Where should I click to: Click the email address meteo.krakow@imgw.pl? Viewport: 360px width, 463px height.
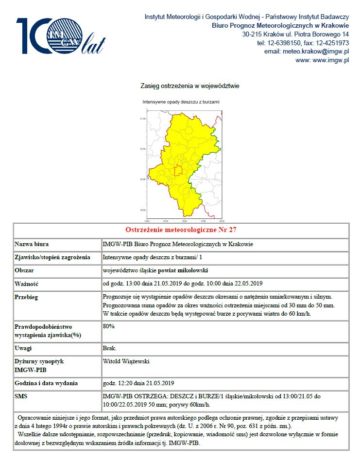coord(307,52)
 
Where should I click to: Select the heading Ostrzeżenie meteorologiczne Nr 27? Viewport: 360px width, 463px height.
coord(181,230)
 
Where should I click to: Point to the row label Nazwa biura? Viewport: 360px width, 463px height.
coord(32,244)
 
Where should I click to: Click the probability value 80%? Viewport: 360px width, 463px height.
coord(109,326)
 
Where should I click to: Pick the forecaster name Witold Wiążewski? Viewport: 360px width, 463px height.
coord(126,362)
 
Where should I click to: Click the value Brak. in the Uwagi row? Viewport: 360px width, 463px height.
coord(110,349)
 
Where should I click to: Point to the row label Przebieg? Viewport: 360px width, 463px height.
coord(27,297)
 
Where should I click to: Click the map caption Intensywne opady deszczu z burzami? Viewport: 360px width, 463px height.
coord(181,103)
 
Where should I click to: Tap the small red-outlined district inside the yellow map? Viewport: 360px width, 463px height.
coord(178,170)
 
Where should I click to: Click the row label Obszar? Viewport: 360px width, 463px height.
coord(25,270)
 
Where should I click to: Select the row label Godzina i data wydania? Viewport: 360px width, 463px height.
coord(46,383)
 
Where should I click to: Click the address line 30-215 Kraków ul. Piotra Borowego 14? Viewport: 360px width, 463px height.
coord(295,35)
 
